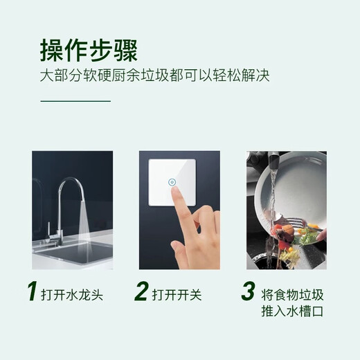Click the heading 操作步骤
[89, 51]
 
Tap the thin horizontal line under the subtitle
[75, 101]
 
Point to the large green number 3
[248, 291]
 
